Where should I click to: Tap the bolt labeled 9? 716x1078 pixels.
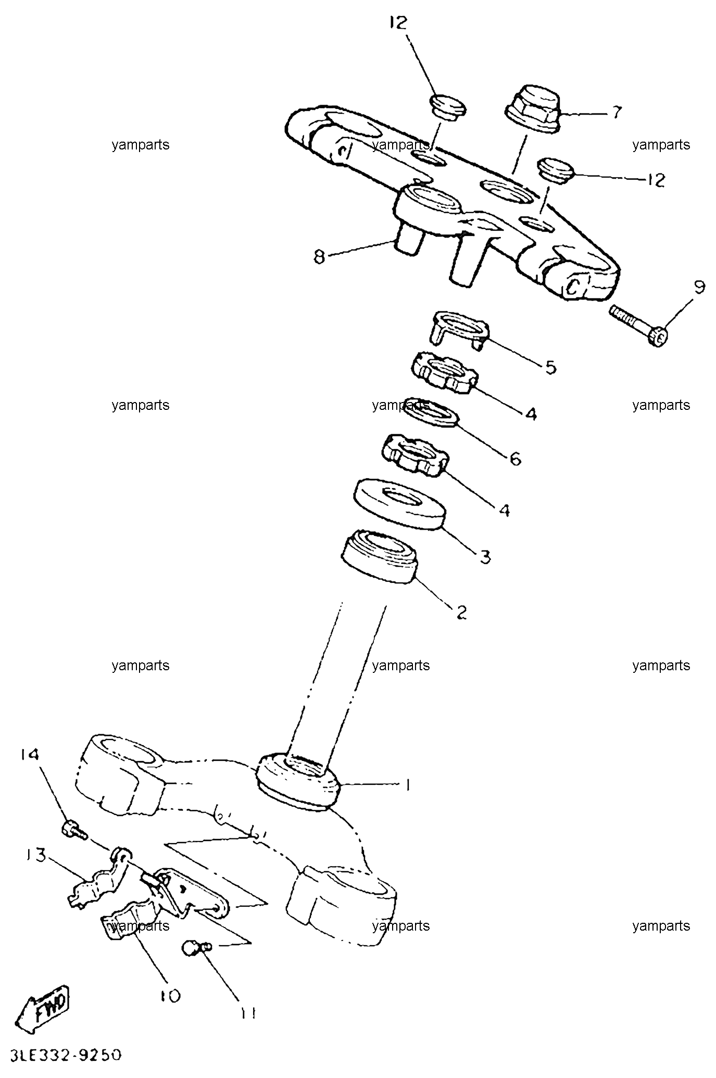coord(638,325)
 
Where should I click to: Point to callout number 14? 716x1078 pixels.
coord(30,755)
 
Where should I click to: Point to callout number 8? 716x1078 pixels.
coord(319,257)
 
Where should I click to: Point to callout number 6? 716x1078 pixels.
coord(514,458)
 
